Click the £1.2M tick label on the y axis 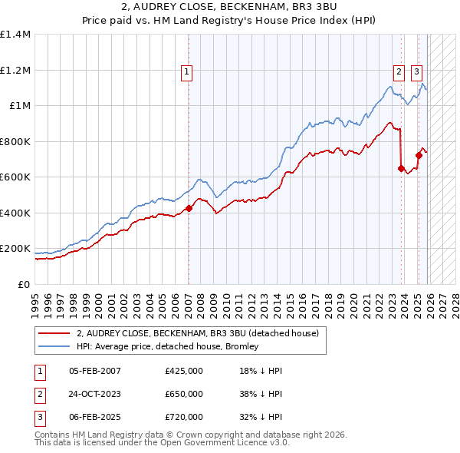pos(15,70)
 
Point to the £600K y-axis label pos(15,177)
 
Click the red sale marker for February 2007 pos(189,208)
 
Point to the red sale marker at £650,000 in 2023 pos(401,168)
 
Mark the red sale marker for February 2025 pos(419,156)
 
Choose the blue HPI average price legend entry pos(168,347)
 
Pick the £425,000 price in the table pos(184,371)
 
